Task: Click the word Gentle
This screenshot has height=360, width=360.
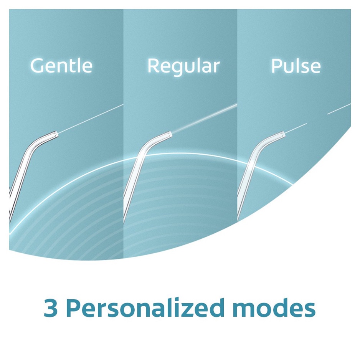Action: point(61,66)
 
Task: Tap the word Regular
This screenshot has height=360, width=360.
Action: point(183,66)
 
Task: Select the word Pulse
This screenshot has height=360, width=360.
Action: point(296,66)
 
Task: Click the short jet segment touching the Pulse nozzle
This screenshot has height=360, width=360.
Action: point(296,128)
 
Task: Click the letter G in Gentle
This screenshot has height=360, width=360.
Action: point(37,66)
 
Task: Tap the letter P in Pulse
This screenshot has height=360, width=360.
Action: point(276,66)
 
